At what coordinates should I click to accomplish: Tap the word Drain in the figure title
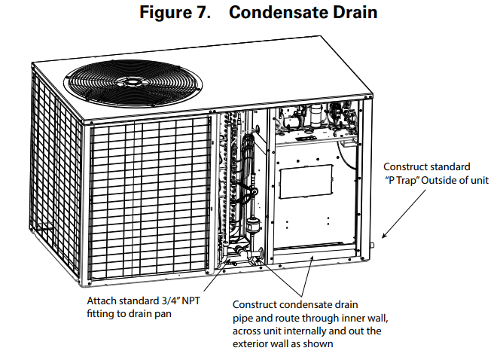click(x=354, y=13)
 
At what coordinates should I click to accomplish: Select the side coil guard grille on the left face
click(x=53, y=151)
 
